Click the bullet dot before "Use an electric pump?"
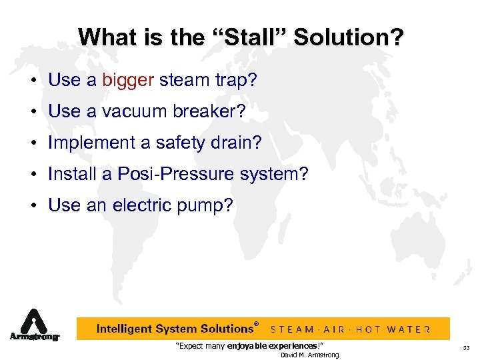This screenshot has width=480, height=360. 32,206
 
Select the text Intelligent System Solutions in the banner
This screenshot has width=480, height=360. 175,329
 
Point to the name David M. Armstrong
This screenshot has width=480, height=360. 309,355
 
